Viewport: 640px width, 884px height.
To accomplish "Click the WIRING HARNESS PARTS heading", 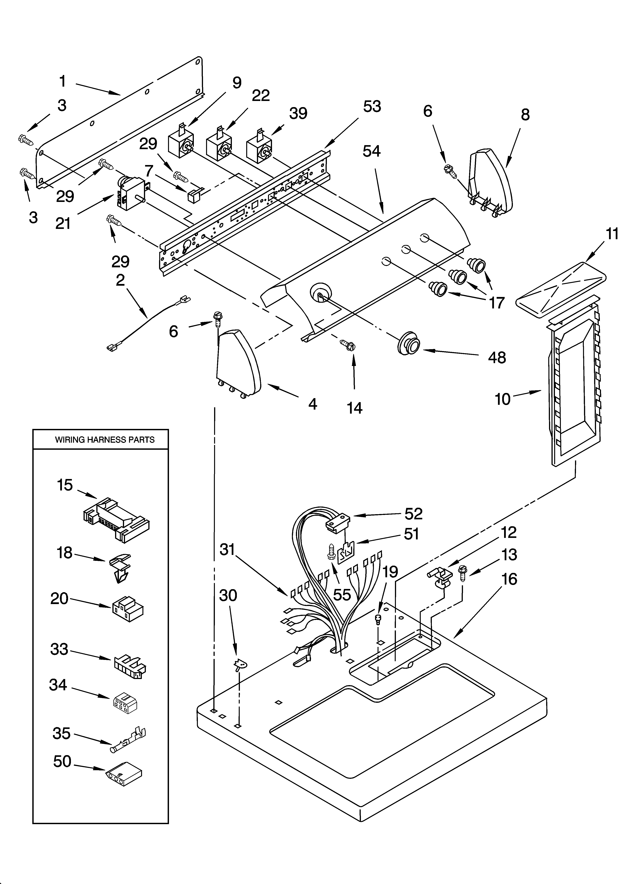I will pyautogui.click(x=104, y=440).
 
